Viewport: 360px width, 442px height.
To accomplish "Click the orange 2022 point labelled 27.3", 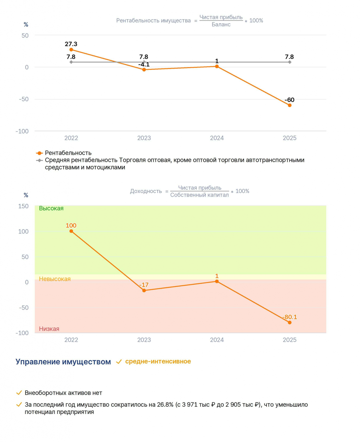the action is point(71,50).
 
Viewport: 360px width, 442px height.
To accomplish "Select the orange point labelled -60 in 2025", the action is point(290,105).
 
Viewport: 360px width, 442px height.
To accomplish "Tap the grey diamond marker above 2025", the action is point(290,62).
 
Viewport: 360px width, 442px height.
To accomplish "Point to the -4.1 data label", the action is point(144,65).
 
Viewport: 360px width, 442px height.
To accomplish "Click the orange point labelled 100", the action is point(71,231).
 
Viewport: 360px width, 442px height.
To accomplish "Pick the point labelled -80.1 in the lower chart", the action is point(290,322).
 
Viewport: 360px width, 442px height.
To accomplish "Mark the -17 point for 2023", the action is point(144,291).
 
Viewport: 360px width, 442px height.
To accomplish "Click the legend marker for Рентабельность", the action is point(39,153).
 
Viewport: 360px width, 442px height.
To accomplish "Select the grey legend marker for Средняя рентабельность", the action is point(39,160).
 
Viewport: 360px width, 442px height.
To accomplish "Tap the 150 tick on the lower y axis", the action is point(23,206).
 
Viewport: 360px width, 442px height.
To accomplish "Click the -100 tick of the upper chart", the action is point(22,131).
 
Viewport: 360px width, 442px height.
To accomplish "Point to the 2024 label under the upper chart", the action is point(217,138).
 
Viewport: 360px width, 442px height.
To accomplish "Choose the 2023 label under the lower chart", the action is point(144,340).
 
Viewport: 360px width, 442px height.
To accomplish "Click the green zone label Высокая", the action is point(51,208).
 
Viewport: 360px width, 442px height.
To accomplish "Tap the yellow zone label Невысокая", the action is point(55,279).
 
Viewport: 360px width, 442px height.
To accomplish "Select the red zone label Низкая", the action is point(49,329).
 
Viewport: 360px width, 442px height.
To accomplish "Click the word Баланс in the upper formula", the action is point(221,24).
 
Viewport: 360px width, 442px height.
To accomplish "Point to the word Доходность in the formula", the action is point(146,191).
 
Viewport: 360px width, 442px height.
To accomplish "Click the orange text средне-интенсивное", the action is point(158,361).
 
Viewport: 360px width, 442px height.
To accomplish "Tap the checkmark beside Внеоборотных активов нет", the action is point(19,392).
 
